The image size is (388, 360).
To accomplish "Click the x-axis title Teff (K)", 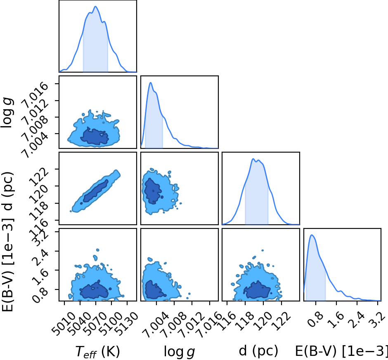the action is click(97, 351).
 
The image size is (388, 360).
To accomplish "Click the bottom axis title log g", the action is click(180, 351).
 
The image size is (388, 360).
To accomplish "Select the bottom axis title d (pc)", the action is click(258, 351).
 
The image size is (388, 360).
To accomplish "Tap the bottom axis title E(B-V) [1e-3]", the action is click(341, 351).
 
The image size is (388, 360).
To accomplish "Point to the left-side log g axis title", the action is click(7, 113).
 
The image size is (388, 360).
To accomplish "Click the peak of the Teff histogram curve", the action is click(95, 7).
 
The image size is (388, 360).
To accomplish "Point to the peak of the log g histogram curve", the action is click(150, 82).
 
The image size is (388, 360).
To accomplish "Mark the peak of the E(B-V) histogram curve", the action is click(312, 235).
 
